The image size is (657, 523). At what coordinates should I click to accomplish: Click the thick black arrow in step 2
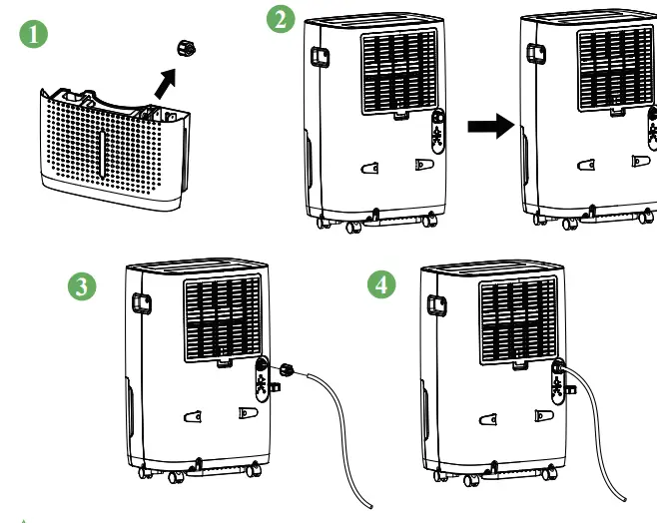pyautogui.click(x=490, y=127)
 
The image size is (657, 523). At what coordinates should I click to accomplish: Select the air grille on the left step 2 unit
pyautogui.click(x=398, y=72)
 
